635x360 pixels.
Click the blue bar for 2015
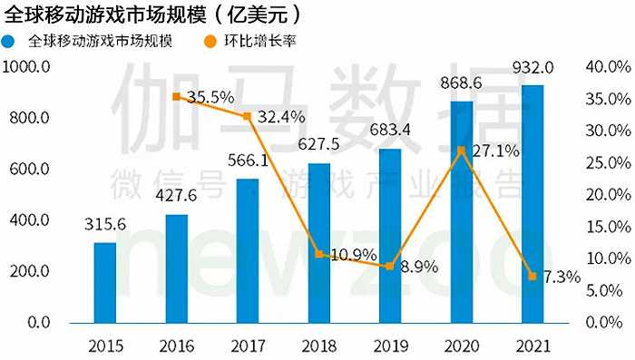(105, 282)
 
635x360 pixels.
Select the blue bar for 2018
(319, 242)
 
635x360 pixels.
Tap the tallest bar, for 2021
(532, 203)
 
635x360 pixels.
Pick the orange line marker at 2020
(462, 151)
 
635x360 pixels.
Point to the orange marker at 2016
(176, 96)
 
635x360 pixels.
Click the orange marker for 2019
(390, 267)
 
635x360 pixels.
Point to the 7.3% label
(562, 277)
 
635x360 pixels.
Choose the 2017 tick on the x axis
(248, 345)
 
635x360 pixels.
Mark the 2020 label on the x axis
(462, 345)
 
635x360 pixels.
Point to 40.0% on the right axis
(602, 67)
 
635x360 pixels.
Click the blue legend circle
(10, 42)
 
